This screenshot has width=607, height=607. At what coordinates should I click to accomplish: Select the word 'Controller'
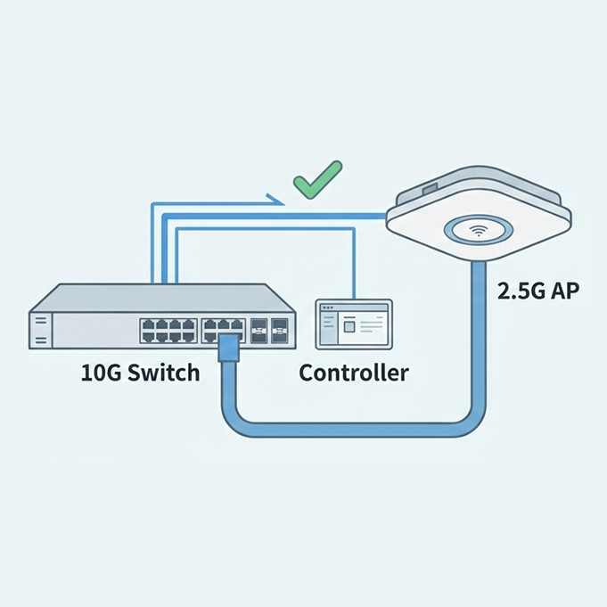[354, 372]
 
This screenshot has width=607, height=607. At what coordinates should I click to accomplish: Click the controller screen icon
[355, 324]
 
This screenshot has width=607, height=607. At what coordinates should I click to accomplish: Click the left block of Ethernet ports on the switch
[167, 331]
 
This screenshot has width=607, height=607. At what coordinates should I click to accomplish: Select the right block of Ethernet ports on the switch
[224, 330]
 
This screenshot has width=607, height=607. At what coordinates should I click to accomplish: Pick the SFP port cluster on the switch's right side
[271, 331]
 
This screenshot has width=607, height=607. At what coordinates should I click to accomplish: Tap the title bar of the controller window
[355, 308]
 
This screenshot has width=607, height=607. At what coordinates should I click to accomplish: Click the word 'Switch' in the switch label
[168, 372]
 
